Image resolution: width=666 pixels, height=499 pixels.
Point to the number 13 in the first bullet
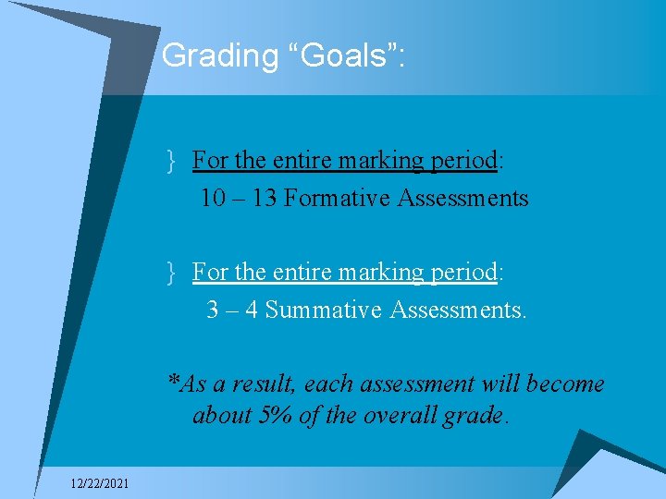click(265, 198)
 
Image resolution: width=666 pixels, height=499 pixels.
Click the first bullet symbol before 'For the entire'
click(172, 161)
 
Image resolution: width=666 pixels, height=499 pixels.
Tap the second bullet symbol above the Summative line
click(172, 273)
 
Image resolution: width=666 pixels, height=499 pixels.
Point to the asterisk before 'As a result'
click(174, 381)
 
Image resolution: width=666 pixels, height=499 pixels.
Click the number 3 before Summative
click(214, 310)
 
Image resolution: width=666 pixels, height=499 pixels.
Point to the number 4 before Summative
click(250, 310)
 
